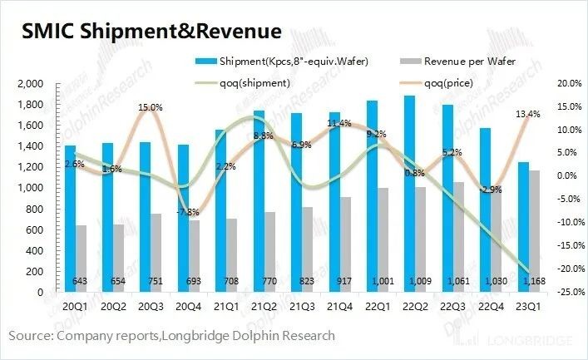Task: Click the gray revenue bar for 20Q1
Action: (80, 259)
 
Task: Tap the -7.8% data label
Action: (188, 212)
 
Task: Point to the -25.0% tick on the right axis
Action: (556, 293)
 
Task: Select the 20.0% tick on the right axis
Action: (557, 84)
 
